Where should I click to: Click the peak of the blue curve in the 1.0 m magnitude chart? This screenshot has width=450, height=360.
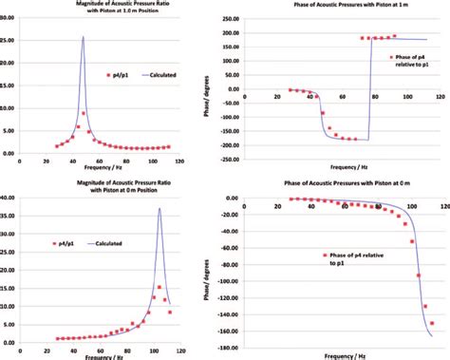83,38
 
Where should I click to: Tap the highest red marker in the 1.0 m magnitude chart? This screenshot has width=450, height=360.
84,113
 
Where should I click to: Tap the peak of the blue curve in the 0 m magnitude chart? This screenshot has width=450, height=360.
159,210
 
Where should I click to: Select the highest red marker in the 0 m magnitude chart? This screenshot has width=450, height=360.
159,287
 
